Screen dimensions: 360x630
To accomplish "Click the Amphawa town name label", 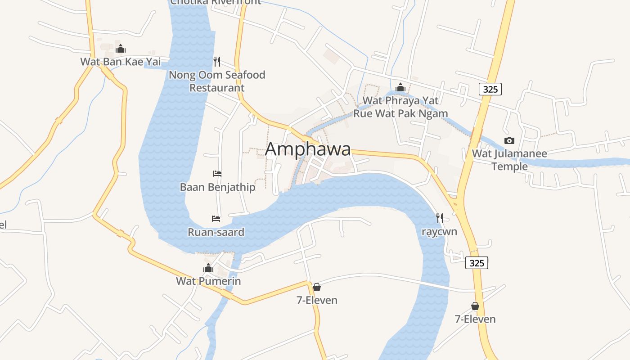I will (x=308, y=149).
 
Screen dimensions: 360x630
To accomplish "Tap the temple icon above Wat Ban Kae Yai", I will (x=120, y=49).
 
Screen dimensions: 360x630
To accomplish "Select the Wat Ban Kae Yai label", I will (x=120, y=62).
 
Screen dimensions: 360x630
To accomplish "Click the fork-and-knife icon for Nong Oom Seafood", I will (x=217, y=61).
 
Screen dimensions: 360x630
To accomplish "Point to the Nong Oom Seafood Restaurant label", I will (x=217, y=81).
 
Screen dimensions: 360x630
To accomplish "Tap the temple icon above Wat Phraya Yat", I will (x=400, y=87).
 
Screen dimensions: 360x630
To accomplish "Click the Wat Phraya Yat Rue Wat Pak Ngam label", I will (x=400, y=107).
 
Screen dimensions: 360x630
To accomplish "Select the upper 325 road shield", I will (x=490, y=89).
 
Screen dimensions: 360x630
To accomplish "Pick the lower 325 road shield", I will (x=477, y=263).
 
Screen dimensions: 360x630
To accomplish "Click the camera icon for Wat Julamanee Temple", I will (x=509, y=140).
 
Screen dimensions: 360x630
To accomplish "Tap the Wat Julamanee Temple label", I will (x=509, y=160).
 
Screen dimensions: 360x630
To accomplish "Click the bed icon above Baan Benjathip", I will (x=217, y=174).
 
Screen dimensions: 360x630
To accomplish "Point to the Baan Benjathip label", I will (x=217, y=187).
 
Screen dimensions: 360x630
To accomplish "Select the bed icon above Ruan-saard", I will (x=216, y=219).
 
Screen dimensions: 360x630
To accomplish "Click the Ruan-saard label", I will (x=216, y=232).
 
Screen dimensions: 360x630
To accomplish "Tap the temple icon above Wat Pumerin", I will (x=208, y=268).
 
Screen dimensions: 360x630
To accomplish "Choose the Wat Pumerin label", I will (x=208, y=281).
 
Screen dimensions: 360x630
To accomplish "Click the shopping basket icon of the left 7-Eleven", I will (x=317, y=287).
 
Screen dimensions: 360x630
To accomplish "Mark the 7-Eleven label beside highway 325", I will (x=475, y=319).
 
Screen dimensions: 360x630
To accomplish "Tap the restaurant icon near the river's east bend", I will (x=440, y=218).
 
